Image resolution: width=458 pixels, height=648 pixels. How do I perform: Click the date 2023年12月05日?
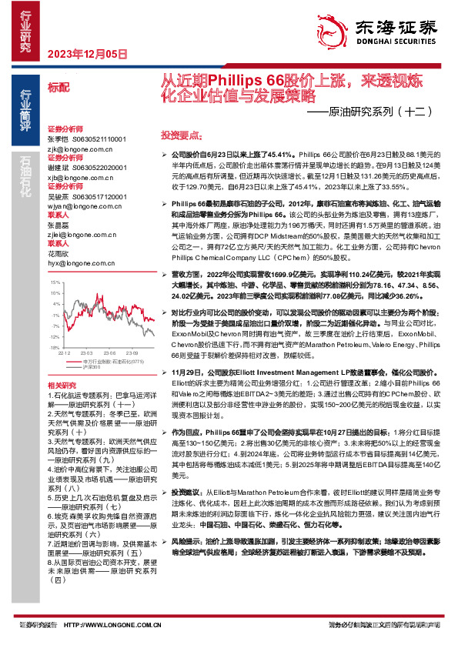tap(86, 54)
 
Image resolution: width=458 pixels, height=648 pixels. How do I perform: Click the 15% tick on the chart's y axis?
tap(55, 282)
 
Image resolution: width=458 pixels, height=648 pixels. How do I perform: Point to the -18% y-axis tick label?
tap(54, 348)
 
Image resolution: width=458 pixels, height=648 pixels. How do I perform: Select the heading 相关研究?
tap(62, 384)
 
